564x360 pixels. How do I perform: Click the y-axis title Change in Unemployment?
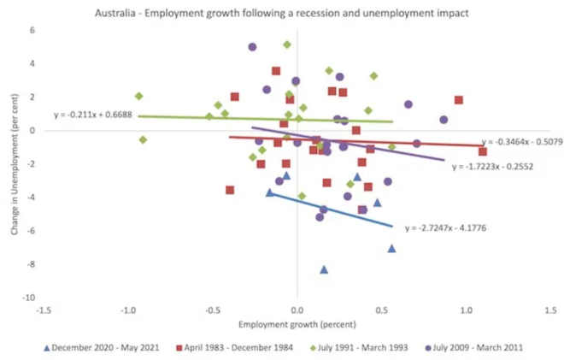click(12, 162)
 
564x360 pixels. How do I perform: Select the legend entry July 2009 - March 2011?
click(476, 347)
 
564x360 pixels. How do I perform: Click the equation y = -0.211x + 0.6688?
click(92, 114)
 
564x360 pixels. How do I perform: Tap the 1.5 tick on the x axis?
click(550, 310)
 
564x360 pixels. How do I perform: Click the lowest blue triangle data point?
click(324, 269)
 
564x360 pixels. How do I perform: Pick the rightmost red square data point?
click(483, 151)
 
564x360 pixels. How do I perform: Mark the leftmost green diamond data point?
click(138, 96)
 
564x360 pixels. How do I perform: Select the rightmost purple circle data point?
click(444, 120)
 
